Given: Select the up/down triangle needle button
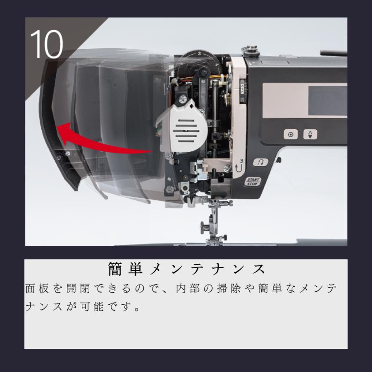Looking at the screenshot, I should click(310, 134).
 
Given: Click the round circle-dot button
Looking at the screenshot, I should click(291, 135).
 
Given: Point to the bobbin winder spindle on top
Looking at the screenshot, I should click(251, 50).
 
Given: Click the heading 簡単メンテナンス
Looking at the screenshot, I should click(186, 269).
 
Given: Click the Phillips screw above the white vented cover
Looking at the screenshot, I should click(182, 99).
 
